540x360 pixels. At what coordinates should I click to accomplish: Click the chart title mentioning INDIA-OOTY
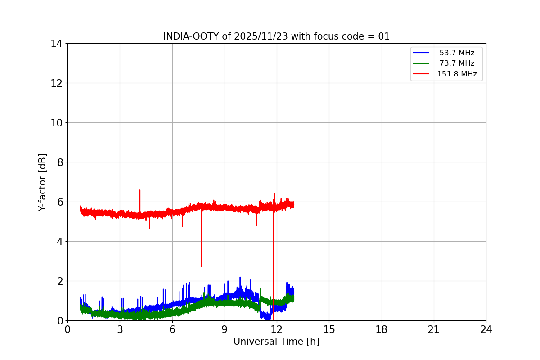tap(276, 36)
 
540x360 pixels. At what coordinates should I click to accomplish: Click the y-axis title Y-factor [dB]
tap(42, 182)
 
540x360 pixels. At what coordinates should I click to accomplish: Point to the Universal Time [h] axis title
tap(276, 342)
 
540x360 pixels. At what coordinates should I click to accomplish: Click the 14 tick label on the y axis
tap(56, 44)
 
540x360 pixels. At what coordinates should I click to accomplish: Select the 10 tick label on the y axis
tap(56, 123)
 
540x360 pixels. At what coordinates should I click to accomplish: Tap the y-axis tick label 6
tap(59, 202)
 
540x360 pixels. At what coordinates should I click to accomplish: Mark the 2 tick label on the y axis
tap(59, 281)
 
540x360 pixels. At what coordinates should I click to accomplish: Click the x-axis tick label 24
tap(486, 329)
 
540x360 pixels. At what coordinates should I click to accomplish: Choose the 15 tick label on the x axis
tap(329, 329)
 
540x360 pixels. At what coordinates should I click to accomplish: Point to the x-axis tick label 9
tap(225, 329)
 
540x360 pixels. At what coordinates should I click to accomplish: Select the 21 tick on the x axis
tap(434, 329)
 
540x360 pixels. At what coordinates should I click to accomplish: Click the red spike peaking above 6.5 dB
tap(140, 191)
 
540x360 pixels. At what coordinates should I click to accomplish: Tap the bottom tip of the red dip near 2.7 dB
tap(202, 265)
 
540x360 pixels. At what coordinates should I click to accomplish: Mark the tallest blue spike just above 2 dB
tap(240, 278)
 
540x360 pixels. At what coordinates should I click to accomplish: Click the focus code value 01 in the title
tap(384, 36)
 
